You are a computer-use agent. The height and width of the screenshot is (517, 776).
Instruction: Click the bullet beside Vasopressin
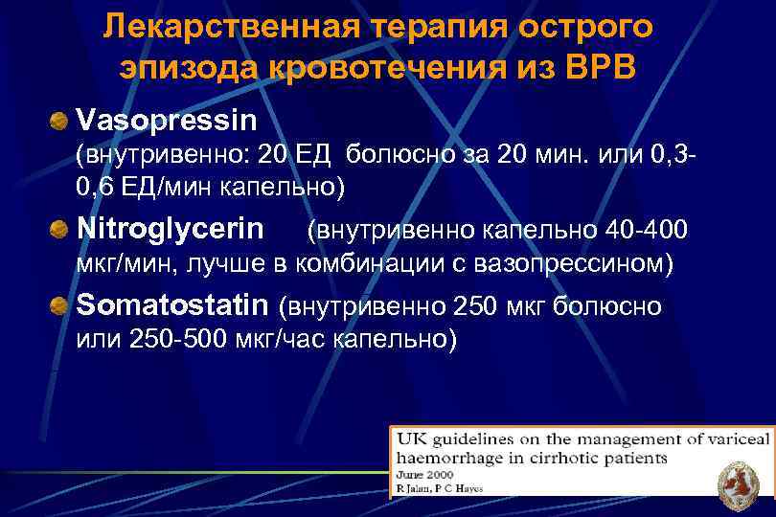(x=60, y=122)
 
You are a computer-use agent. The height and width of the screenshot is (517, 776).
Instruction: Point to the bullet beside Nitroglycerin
(x=60, y=231)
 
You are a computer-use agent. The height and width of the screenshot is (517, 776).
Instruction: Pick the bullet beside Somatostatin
(x=60, y=307)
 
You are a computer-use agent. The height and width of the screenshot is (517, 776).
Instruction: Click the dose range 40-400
(x=646, y=230)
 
